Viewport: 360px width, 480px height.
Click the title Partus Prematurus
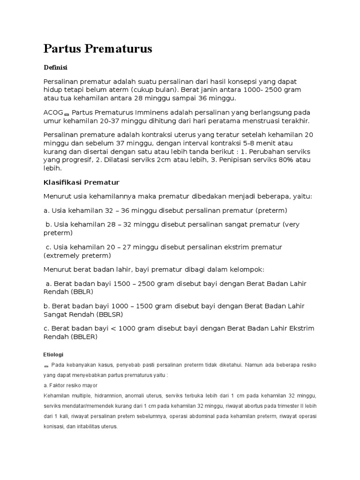tap(97, 49)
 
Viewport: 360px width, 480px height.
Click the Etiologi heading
tap(53, 354)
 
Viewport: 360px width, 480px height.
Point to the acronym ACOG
tap(53, 113)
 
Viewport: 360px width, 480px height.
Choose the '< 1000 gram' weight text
tap(133, 328)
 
